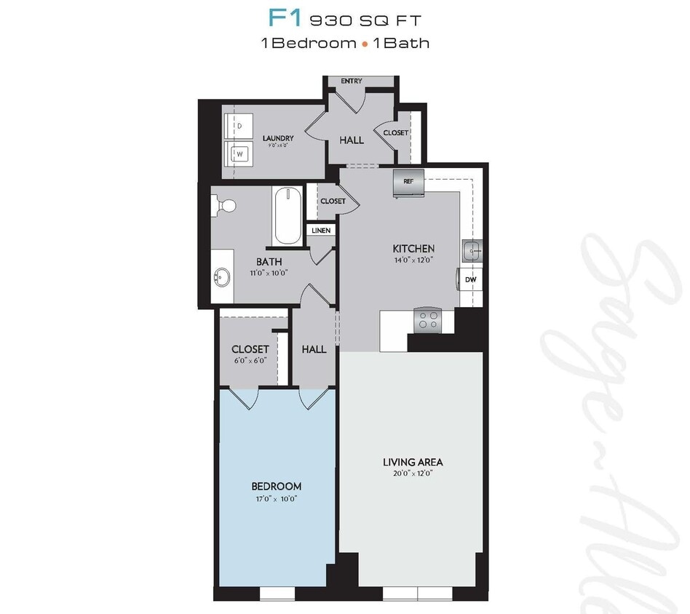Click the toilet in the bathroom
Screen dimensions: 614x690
coord(224,207)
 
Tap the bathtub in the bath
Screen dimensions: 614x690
coord(287,216)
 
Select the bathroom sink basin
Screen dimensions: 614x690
coord(221,277)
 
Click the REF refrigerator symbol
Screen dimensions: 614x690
coord(408,183)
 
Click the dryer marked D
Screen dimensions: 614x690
coord(238,126)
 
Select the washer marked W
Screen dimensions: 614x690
coord(238,153)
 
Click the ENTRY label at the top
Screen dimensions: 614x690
coord(352,81)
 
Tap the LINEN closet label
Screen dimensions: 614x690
coord(321,231)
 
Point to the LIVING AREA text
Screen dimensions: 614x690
coord(413,462)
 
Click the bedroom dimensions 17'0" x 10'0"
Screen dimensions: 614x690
coord(276,499)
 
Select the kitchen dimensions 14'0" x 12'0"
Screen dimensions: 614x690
coord(413,260)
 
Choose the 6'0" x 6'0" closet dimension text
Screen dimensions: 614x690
coord(250,360)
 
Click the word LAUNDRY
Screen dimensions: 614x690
coord(278,138)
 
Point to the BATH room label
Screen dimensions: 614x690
coord(269,262)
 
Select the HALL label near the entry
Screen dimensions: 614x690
coord(352,140)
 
